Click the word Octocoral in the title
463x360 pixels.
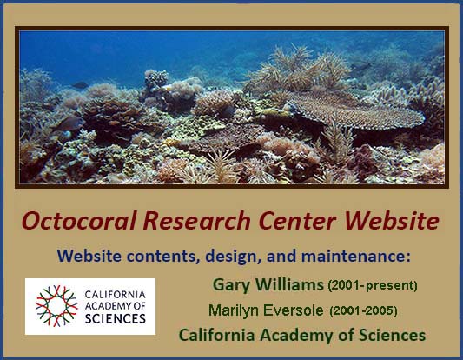[x=79, y=221]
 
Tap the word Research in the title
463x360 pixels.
[x=196, y=221]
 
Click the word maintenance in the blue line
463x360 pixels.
[x=356, y=256]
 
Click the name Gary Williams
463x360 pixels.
[x=268, y=284]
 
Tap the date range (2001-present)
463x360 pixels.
[x=373, y=285]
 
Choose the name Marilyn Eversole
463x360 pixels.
[x=266, y=310]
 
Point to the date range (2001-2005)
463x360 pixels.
[x=363, y=310]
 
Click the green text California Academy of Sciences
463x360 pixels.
[x=302, y=335]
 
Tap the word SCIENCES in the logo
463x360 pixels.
[x=116, y=318]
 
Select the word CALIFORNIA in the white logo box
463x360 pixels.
[x=116, y=295]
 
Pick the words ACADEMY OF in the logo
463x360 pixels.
[x=116, y=306]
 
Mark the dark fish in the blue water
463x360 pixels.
[x=80, y=85]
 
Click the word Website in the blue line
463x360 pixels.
[x=89, y=256]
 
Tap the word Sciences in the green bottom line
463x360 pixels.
[x=392, y=335]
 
